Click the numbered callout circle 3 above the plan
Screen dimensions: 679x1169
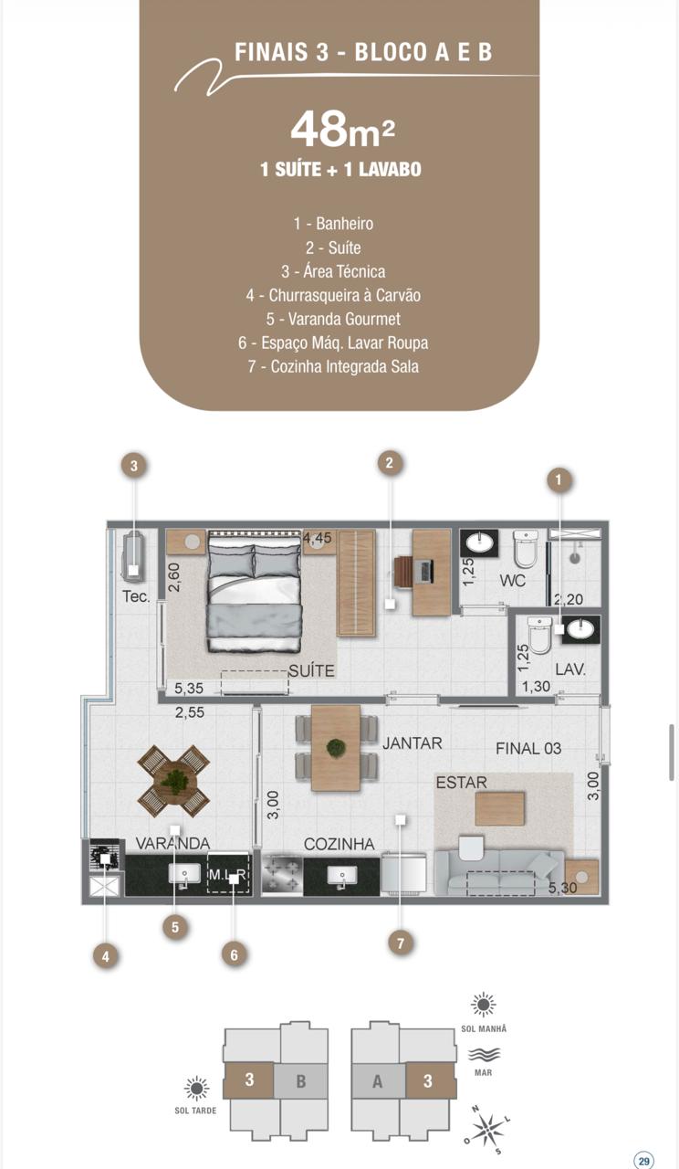tap(134, 465)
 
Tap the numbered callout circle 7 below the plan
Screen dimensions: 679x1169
tap(401, 943)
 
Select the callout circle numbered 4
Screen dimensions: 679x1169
tap(106, 956)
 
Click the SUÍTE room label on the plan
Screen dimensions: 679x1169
tap(311, 670)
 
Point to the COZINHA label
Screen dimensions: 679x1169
tap(339, 844)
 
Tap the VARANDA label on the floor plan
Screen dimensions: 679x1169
tap(172, 843)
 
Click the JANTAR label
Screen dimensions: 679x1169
tap(412, 742)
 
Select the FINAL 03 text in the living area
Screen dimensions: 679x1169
tap(528, 748)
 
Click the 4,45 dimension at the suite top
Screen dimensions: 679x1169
tap(317, 538)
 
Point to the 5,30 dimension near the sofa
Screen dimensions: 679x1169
tap(562, 887)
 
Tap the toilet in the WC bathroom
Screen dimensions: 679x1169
tap(525, 549)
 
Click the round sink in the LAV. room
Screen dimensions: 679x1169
tap(581, 629)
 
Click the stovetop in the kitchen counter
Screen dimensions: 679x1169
tap(282, 876)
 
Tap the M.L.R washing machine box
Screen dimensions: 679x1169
tap(228, 874)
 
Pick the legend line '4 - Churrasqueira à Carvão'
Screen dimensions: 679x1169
tap(333, 295)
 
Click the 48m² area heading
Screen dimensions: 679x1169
tap(342, 130)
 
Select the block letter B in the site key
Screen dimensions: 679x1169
tap(301, 1080)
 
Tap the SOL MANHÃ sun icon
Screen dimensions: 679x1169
tap(483, 1005)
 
